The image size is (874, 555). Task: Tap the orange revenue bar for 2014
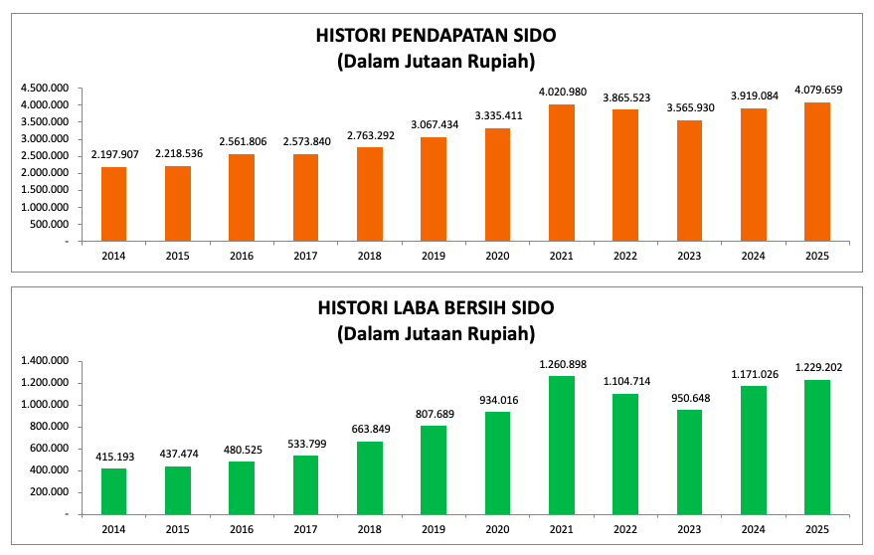(x=114, y=204)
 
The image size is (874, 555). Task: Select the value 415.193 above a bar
(x=114, y=457)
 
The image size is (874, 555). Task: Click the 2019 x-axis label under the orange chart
(x=433, y=256)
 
